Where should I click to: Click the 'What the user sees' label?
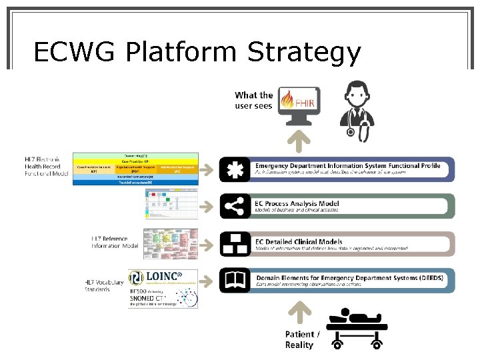(x=254, y=100)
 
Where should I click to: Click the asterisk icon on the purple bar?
(x=235, y=169)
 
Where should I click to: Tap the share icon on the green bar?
(x=235, y=207)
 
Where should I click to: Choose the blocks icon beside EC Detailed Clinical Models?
(x=235, y=243)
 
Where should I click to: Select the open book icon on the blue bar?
(x=235, y=281)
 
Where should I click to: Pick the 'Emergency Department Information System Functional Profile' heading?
(x=347, y=165)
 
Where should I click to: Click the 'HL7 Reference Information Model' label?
(x=115, y=241)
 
